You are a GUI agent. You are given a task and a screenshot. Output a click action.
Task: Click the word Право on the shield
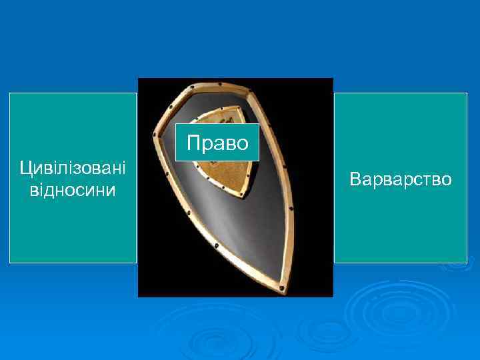tap(217, 143)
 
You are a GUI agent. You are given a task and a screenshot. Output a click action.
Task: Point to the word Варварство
tap(400, 179)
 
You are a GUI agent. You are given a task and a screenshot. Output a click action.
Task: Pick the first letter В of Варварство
tap(355, 179)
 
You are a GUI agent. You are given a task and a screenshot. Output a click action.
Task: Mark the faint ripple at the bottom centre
tap(220, 337)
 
